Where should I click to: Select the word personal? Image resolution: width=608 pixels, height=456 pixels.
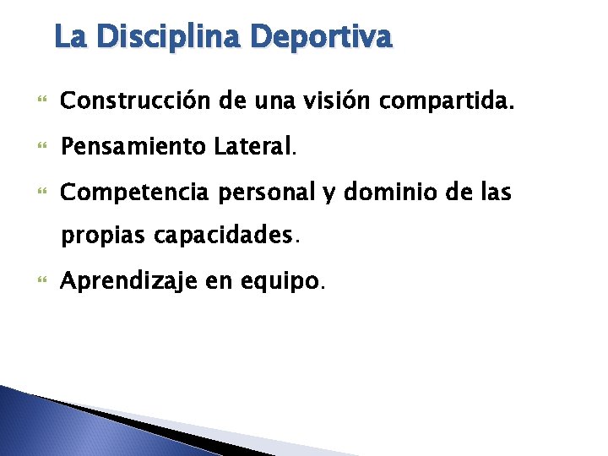click(x=259, y=193)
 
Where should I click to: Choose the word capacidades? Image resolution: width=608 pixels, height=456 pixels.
click(x=225, y=236)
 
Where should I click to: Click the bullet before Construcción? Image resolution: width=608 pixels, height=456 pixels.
click(x=42, y=102)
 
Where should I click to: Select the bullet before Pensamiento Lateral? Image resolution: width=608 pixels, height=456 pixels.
click(x=42, y=148)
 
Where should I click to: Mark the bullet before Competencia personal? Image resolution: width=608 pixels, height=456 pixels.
click(x=42, y=193)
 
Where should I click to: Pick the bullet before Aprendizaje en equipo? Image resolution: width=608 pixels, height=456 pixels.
click(x=42, y=282)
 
